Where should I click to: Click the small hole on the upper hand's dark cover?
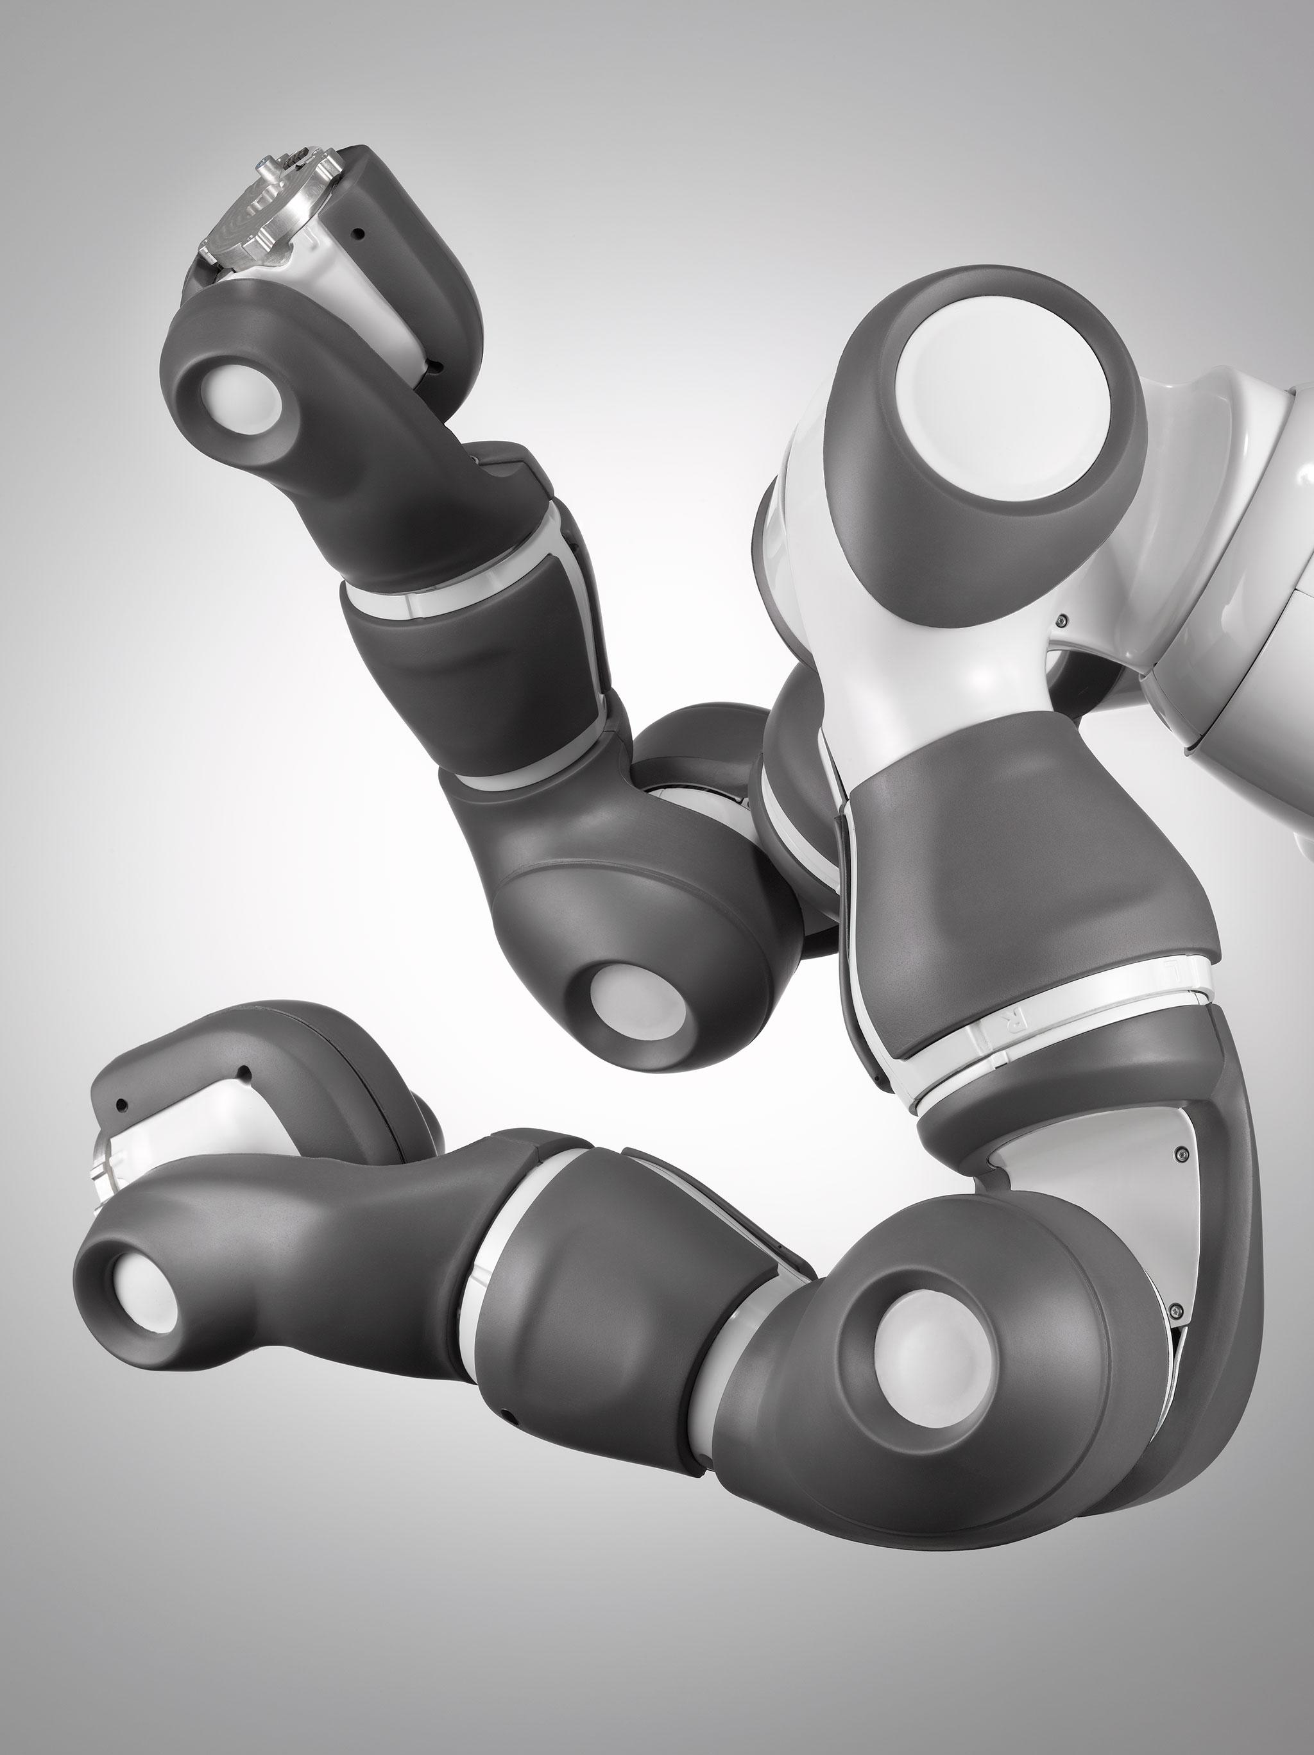pos(362,234)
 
